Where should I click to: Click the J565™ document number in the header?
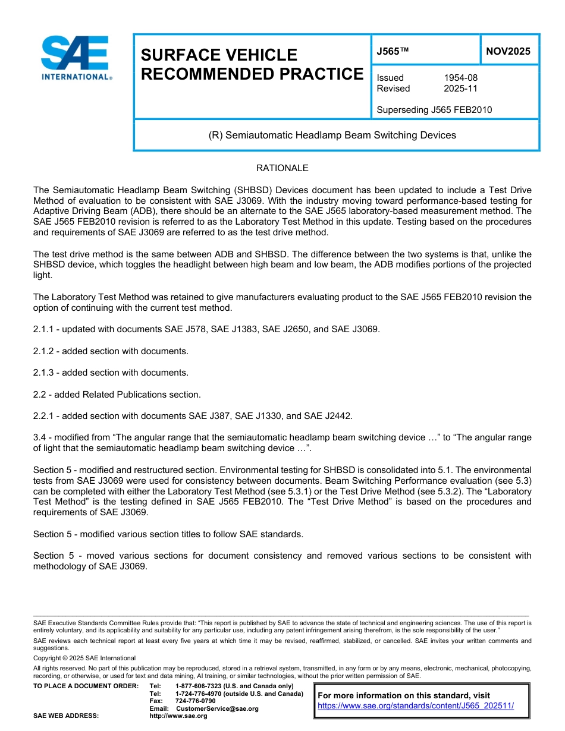(393, 51)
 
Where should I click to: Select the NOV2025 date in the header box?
(508, 51)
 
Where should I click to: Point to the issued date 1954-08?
(460, 78)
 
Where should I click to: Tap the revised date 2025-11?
(460, 89)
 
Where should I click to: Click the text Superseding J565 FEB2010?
(434, 110)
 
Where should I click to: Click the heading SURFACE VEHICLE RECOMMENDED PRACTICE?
(252, 64)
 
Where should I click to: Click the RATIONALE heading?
(282, 168)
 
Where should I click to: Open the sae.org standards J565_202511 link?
(416, 706)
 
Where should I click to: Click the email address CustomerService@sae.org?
(217, 708)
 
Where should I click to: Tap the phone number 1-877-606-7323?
(203, 686)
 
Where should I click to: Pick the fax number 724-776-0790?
(195, 701)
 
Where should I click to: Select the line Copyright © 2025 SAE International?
(84, 658)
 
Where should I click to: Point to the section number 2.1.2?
(45, 351)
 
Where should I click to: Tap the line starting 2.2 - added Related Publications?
(117, 394)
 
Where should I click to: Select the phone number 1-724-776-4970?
(203, 694)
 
